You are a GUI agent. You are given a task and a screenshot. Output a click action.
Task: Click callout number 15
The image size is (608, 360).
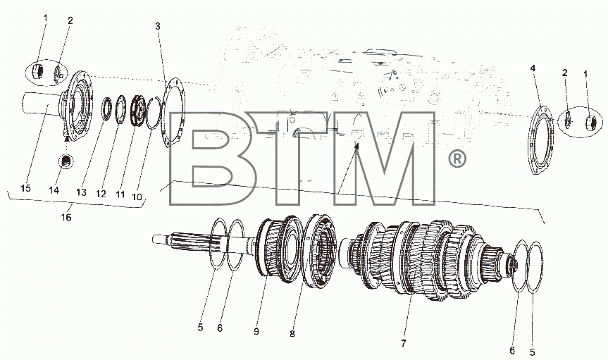click(x=25, y=188)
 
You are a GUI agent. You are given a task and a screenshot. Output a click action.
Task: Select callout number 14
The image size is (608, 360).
click(x=54, y=190)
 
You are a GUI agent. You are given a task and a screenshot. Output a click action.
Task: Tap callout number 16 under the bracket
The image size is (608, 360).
click(x=66, y=217)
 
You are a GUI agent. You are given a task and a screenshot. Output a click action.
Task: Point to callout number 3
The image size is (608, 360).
click(x=157, y=26)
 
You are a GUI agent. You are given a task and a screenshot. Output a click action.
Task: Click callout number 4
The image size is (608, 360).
click(x=533, y=68)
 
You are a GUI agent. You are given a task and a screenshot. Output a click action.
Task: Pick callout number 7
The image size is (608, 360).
click(x=403, y=343)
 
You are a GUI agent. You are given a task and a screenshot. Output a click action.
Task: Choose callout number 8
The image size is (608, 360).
click(x=292, y=334)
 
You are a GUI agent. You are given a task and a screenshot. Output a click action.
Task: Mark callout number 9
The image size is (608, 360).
click(x=256, y=331)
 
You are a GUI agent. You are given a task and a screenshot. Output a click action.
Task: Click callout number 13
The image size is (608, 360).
click(x=81, y=192)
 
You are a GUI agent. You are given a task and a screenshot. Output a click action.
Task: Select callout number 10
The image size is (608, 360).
click(x=137, y=197)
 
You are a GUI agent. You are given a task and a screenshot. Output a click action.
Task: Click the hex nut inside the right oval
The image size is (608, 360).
click(x=590, y=122)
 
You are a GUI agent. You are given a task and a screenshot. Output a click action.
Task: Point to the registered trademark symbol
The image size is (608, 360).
click(x=457, y=159)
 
